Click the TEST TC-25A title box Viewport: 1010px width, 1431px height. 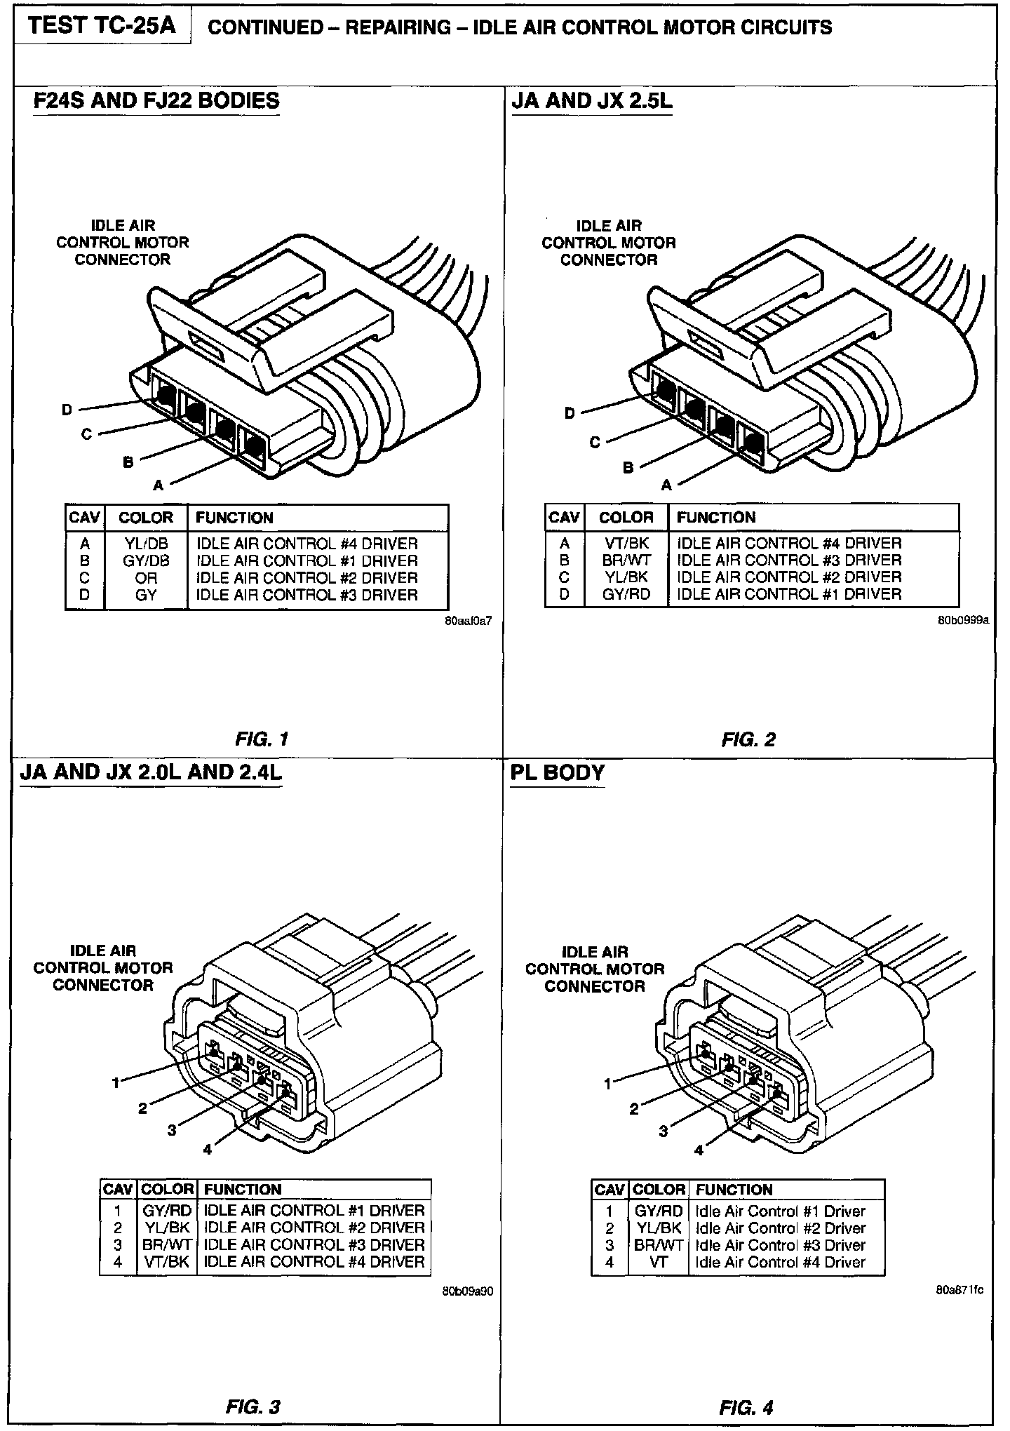102,27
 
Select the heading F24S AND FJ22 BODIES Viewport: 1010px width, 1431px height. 156,100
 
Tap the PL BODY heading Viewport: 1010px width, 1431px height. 558,772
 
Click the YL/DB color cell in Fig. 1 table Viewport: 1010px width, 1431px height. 146,544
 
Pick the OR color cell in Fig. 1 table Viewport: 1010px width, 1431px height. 146,578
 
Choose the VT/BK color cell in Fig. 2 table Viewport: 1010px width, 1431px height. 626,543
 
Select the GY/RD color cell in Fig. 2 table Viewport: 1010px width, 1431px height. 626,594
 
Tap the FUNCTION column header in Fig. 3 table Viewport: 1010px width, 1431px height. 242,1189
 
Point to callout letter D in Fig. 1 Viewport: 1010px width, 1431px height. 67,410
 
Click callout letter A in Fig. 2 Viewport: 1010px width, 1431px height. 666,485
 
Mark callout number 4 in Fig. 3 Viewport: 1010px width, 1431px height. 207,1149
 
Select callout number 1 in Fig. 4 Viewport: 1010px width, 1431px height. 608,1084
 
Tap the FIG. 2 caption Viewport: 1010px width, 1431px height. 748,739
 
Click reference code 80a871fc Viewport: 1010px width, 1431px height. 959,1289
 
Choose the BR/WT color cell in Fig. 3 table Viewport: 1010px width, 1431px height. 167,1244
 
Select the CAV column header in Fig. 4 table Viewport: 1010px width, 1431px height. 609,1190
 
